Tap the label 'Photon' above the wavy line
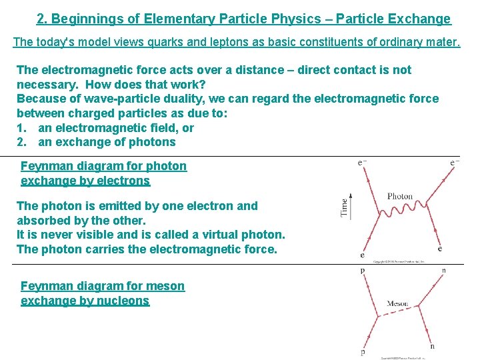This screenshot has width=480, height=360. tap(400, 196)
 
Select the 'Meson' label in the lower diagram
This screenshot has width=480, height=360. tap(397, 304)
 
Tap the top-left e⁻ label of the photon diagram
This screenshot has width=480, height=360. tap(362, 161)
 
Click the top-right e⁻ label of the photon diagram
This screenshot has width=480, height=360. tap(455, 161)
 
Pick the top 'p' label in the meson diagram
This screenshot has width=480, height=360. tap(363, 271)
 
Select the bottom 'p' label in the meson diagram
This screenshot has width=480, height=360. tap(363, 353)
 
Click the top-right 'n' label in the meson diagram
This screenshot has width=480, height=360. tap(444, 271)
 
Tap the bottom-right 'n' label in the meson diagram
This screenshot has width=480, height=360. tap(433, 346)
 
